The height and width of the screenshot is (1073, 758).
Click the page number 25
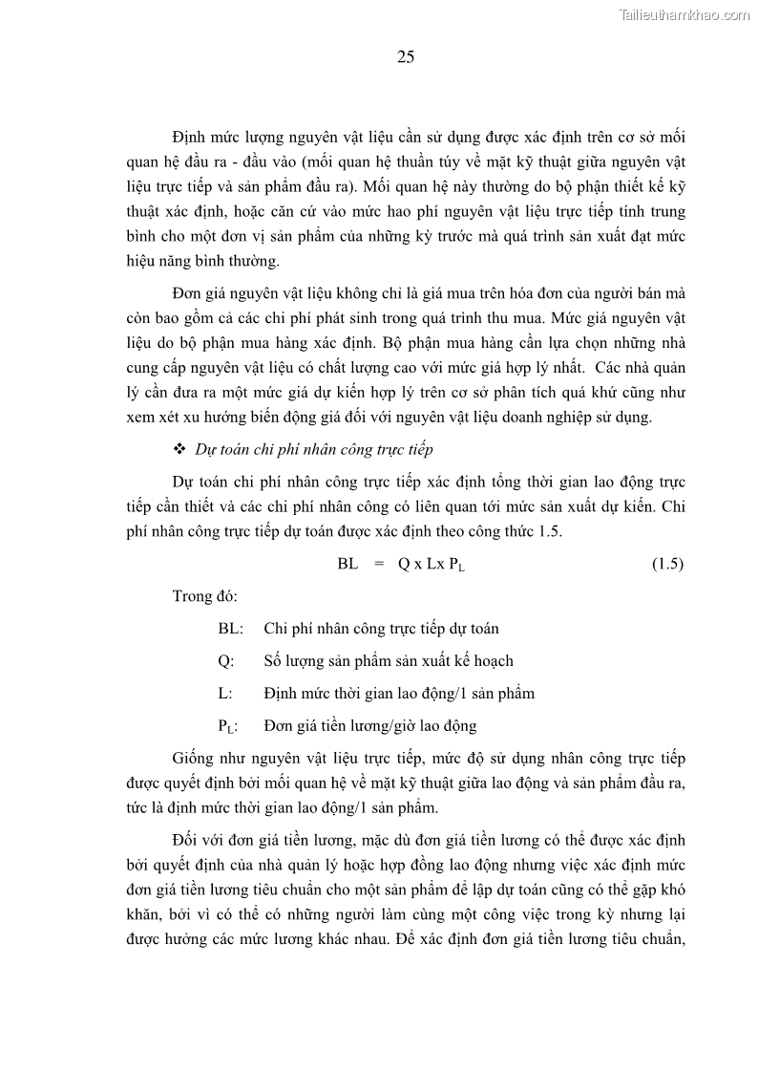[405, 57]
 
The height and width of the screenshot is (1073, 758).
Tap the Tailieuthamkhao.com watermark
[684, 14]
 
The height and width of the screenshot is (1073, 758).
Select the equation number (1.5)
[667, 564]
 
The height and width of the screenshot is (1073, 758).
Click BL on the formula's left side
[347, 564]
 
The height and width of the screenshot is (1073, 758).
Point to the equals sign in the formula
[378, 564]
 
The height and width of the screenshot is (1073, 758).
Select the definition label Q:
[225, 660]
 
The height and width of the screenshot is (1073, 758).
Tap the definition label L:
[224, 693]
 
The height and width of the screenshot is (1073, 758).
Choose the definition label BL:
[230, 628]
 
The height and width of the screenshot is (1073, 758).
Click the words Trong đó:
[205, 596]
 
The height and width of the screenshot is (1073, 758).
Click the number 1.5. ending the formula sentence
[548, 531]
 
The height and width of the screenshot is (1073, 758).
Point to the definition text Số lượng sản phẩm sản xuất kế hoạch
[389, 660]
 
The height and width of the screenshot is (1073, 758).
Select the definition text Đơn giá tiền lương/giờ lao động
[369, 725]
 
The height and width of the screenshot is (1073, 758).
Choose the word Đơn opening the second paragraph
[190, 293]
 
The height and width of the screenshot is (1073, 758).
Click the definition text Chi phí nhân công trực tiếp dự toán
[381, 628]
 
